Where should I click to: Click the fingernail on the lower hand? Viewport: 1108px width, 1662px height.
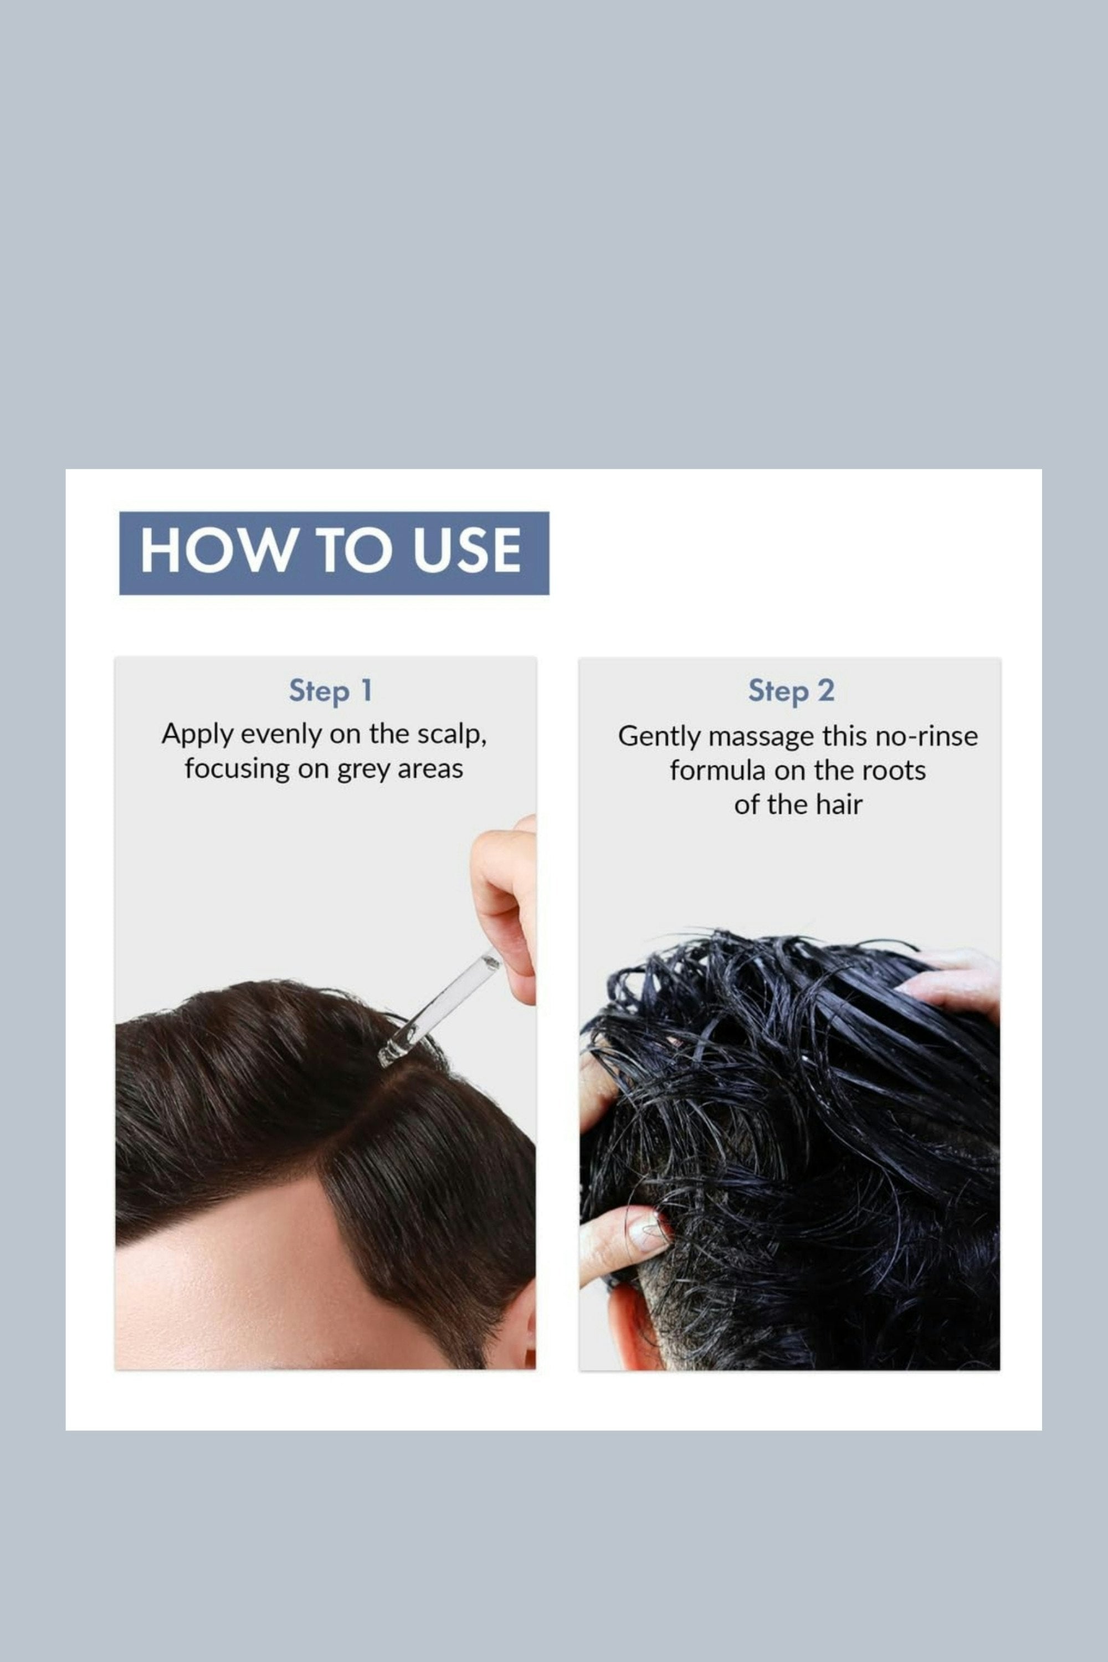pyautogui.click(x=649, y=1232)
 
